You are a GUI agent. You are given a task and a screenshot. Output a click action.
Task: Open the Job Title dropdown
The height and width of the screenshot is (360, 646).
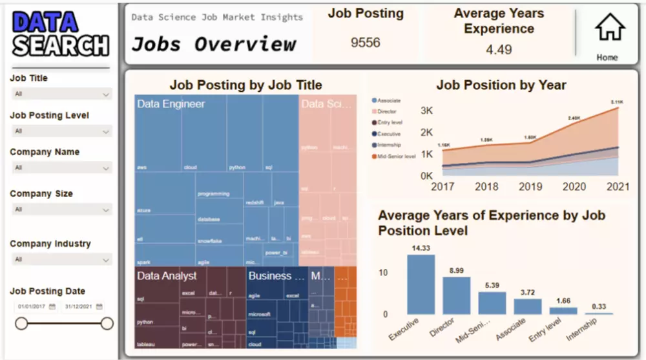62,94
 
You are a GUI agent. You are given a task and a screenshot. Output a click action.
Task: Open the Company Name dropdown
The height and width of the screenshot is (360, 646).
62,168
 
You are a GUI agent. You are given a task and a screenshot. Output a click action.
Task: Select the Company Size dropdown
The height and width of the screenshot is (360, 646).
62,209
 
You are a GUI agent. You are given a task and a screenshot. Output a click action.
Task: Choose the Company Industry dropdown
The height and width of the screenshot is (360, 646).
62,260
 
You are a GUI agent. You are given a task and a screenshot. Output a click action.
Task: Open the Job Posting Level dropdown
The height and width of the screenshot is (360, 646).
62,131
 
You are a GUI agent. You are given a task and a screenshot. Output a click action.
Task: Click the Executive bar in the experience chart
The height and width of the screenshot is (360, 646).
421,284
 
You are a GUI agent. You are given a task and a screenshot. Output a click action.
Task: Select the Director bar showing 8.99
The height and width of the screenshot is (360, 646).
456,295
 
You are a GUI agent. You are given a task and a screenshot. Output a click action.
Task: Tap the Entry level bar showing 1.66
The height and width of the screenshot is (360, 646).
563,311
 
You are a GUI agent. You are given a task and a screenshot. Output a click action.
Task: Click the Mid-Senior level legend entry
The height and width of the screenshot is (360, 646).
396,156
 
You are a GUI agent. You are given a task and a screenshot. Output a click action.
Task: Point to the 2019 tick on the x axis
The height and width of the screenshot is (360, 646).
530,186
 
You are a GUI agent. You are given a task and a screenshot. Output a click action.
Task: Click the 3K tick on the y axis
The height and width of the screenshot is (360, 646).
426,111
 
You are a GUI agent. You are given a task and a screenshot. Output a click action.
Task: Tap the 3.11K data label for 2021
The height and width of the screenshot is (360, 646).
618,102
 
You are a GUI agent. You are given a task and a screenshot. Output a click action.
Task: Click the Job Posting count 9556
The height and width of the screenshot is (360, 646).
366,43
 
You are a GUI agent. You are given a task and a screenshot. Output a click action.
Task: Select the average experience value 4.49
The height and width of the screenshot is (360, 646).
499,50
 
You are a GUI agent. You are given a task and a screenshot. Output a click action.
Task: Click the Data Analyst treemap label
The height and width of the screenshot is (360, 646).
167,276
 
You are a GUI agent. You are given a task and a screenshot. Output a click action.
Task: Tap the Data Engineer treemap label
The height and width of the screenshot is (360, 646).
171,104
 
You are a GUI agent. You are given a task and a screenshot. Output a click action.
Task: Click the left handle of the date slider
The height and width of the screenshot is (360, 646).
21,323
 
